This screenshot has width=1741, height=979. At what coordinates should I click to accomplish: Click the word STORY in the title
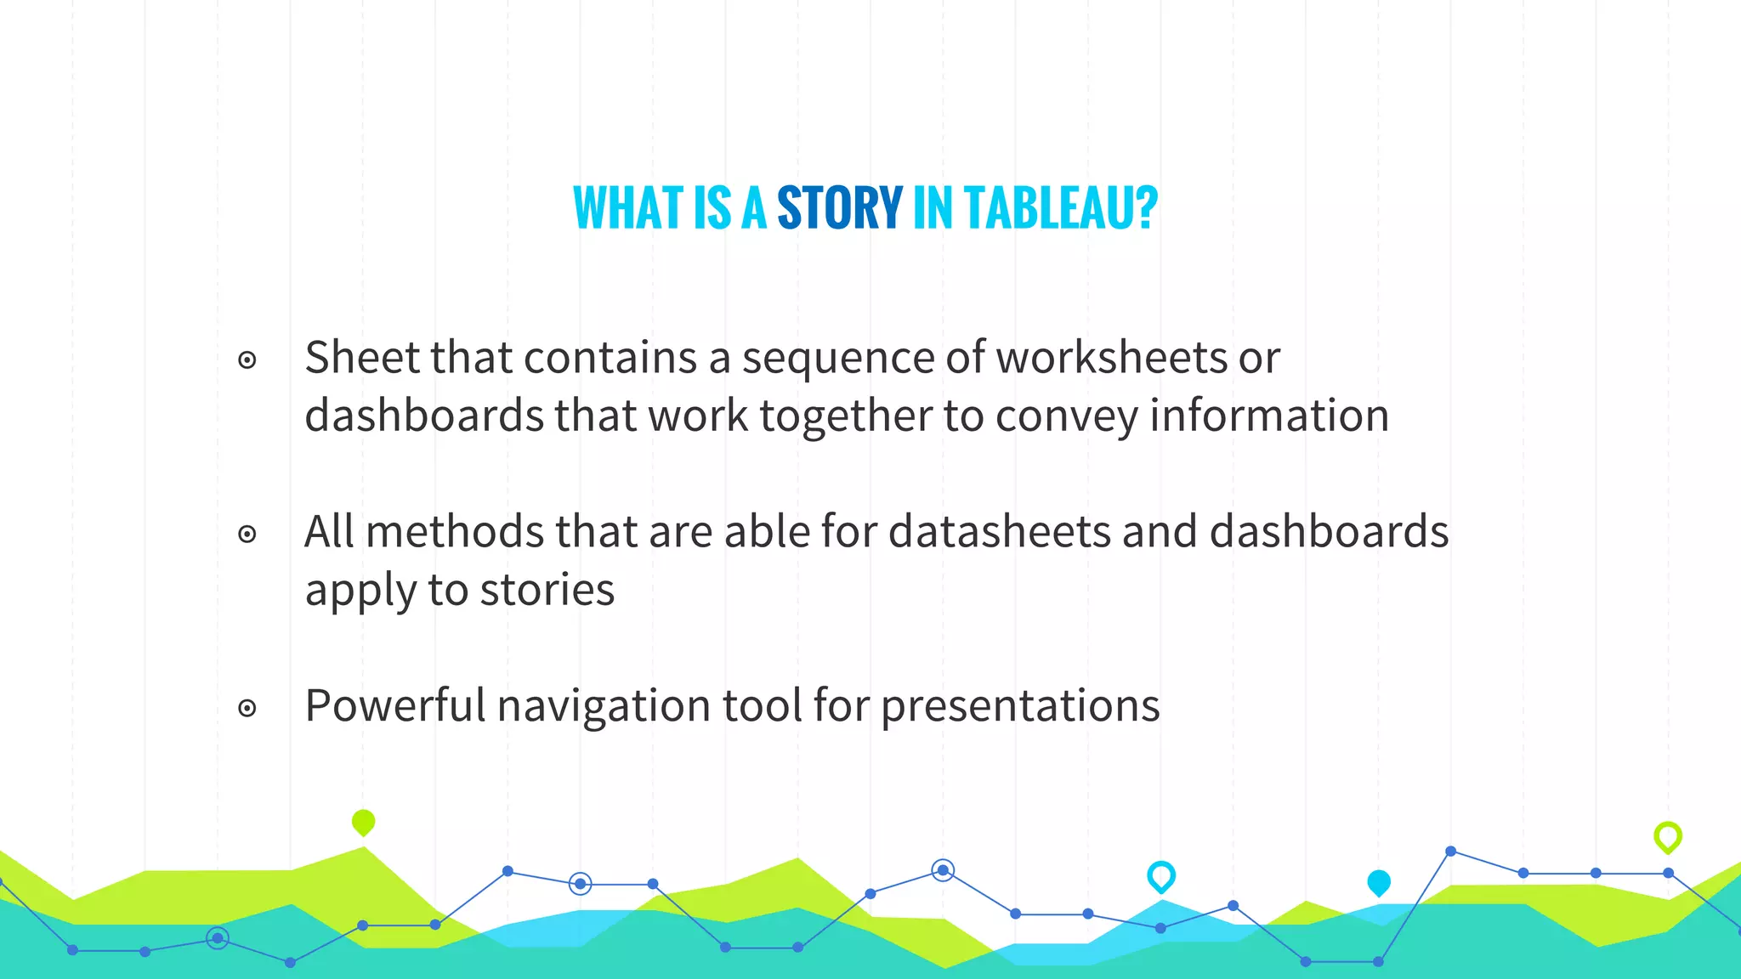click(839, 208)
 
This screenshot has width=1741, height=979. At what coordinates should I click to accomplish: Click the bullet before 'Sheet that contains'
click(247, 360)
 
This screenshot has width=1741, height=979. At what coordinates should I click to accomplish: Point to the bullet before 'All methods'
click(247, 535)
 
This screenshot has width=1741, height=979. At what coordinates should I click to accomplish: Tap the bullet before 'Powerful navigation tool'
click(247, 708)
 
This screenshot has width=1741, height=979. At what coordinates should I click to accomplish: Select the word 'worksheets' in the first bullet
click(1111, 357)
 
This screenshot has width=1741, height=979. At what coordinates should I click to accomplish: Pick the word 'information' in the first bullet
click(1269, 416)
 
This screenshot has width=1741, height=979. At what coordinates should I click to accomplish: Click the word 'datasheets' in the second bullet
click(1000, 532)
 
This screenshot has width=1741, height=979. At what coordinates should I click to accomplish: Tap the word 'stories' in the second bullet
click(547, 590)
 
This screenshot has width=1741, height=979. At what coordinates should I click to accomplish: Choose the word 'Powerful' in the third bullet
click(394, 705)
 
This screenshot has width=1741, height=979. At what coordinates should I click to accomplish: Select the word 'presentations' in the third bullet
click(1019, 707)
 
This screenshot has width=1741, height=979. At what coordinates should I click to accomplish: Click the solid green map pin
click(363, 822)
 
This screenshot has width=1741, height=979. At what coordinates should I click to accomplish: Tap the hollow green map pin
click(1667, 837)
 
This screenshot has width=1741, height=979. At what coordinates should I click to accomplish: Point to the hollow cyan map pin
click(1160, 875)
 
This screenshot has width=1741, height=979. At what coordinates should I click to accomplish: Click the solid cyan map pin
click(1378, 882)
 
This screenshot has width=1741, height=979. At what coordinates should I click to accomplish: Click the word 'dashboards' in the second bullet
click(1329, 532)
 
